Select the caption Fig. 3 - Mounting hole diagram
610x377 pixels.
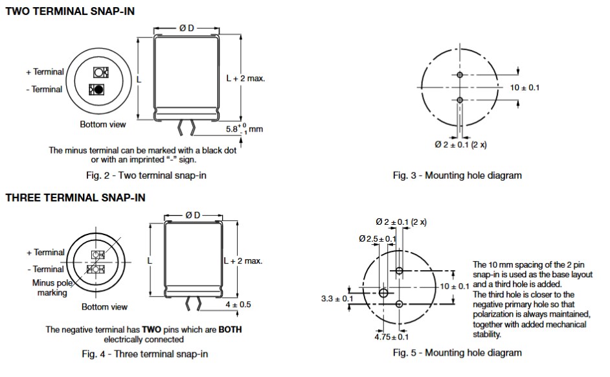457,175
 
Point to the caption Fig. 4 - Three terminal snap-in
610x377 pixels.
147,354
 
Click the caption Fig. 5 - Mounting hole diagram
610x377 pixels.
457,352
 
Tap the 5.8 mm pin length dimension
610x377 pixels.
244,129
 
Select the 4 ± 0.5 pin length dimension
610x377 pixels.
238,304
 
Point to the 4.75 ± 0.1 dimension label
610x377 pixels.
392,337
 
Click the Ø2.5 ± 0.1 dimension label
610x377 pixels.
378,239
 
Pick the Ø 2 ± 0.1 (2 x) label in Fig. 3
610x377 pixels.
460,144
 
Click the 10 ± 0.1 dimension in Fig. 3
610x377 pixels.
525,87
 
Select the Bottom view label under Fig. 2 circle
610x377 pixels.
103,124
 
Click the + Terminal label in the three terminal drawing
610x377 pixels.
45,253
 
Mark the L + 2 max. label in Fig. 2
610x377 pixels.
245,78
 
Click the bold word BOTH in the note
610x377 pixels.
230,329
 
